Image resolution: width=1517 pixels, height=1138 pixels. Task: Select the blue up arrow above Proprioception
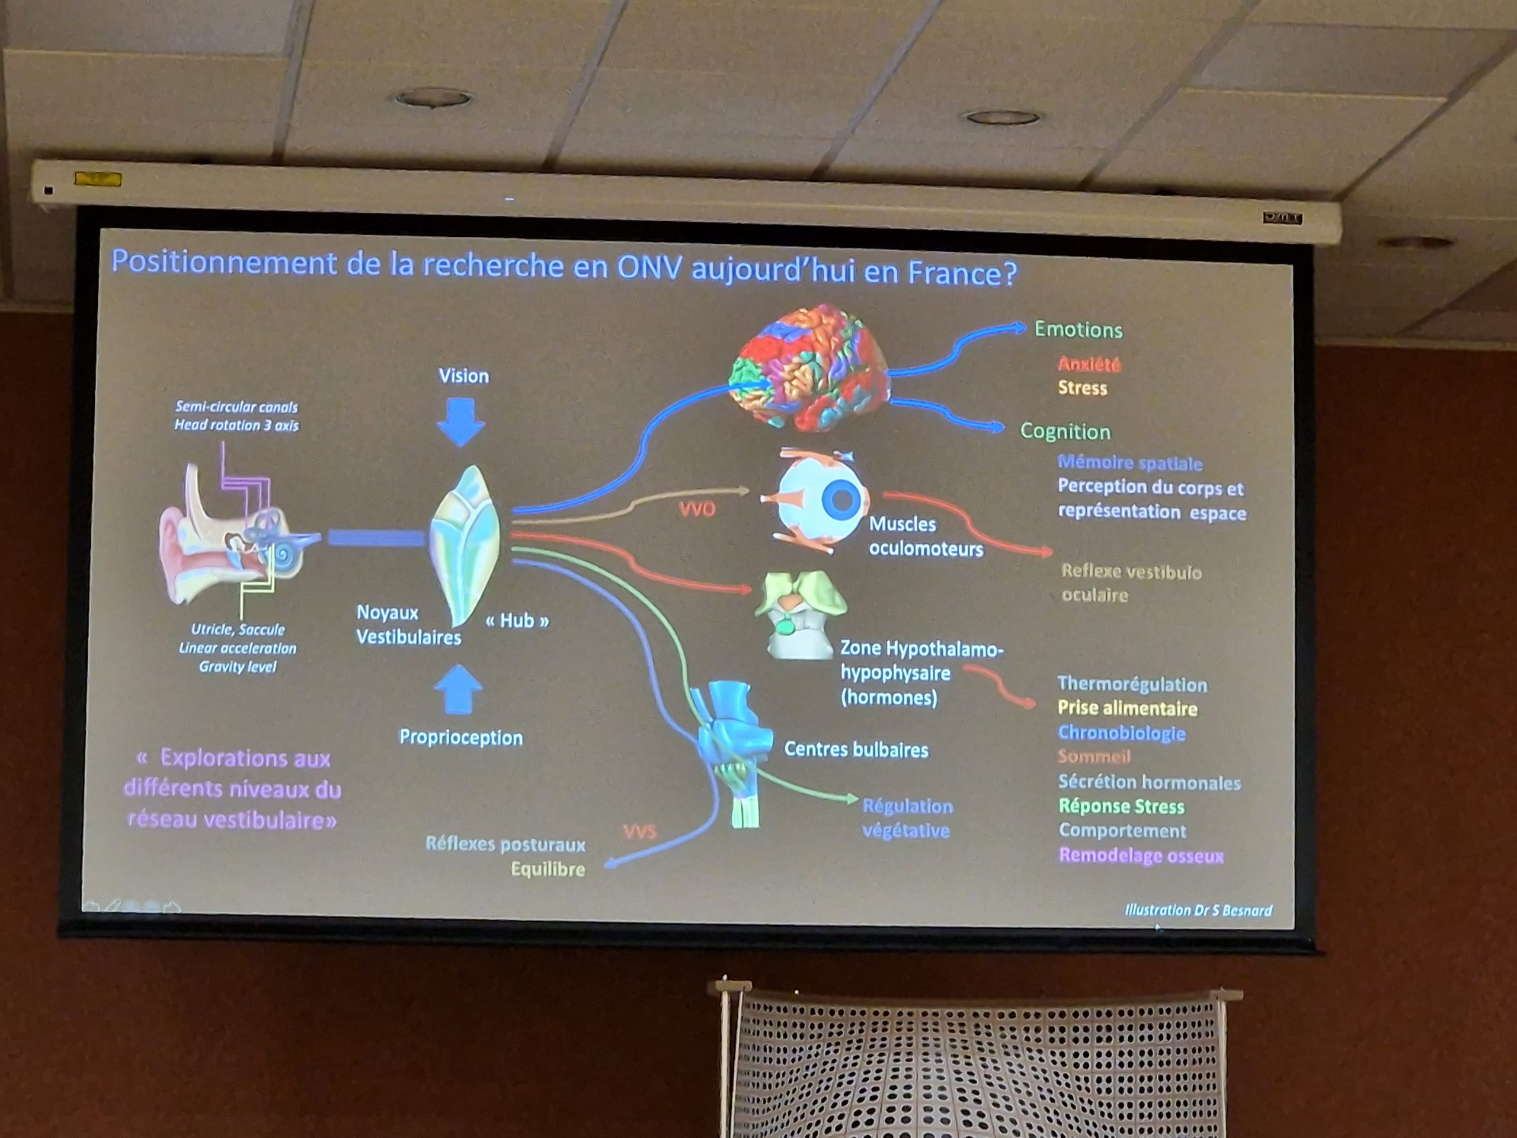[458, 689]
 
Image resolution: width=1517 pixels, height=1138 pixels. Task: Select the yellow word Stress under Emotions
[1082, 388]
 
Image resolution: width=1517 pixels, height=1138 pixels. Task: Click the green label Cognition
[1064, 431]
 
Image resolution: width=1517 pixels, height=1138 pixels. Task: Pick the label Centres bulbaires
[856, 750]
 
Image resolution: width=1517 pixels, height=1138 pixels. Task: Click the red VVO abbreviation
[697, 509]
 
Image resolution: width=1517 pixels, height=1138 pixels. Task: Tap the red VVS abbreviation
[639, 832]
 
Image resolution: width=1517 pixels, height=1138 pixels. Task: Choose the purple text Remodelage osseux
[1141, 855]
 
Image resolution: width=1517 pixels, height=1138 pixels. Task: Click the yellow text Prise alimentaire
[1126, 708]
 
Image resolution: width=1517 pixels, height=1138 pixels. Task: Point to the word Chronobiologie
[1121, 733]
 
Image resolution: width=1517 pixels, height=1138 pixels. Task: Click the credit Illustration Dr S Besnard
[1198, 910]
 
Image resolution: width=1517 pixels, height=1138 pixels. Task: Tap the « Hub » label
[517, 621]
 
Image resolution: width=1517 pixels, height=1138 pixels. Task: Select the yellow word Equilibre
[548, 870]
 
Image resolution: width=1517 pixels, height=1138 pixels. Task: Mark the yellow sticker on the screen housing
[98, 180]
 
